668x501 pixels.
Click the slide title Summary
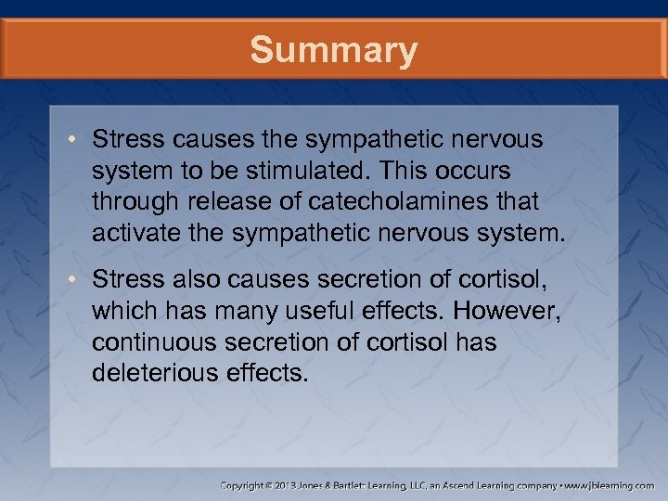[334, 50]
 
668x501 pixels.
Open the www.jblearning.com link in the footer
[608, 485]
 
